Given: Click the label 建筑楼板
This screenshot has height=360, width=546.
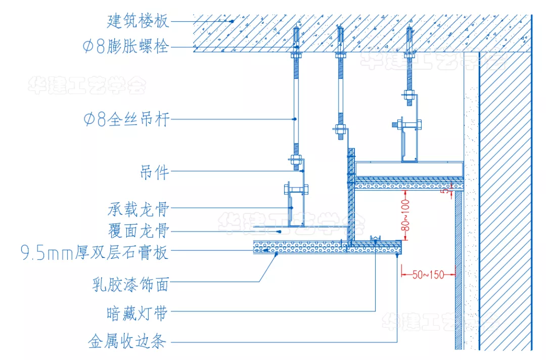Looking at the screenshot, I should tap(138, 21).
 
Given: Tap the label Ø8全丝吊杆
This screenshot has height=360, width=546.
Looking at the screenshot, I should tap(126, 119).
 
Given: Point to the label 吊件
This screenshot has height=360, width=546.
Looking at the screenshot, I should tap(154, 173).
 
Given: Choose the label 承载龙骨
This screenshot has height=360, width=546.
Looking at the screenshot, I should tap(138, 208).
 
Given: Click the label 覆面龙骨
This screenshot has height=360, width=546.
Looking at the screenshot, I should tap(138, 232).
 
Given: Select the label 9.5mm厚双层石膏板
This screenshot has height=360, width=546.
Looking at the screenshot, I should tap(94, 252).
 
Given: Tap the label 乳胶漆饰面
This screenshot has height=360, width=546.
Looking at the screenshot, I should tap(130, 285).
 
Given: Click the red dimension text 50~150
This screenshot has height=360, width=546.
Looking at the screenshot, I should tap(428, 275).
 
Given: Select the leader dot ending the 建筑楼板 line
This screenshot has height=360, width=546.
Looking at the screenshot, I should tap(232, 21).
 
